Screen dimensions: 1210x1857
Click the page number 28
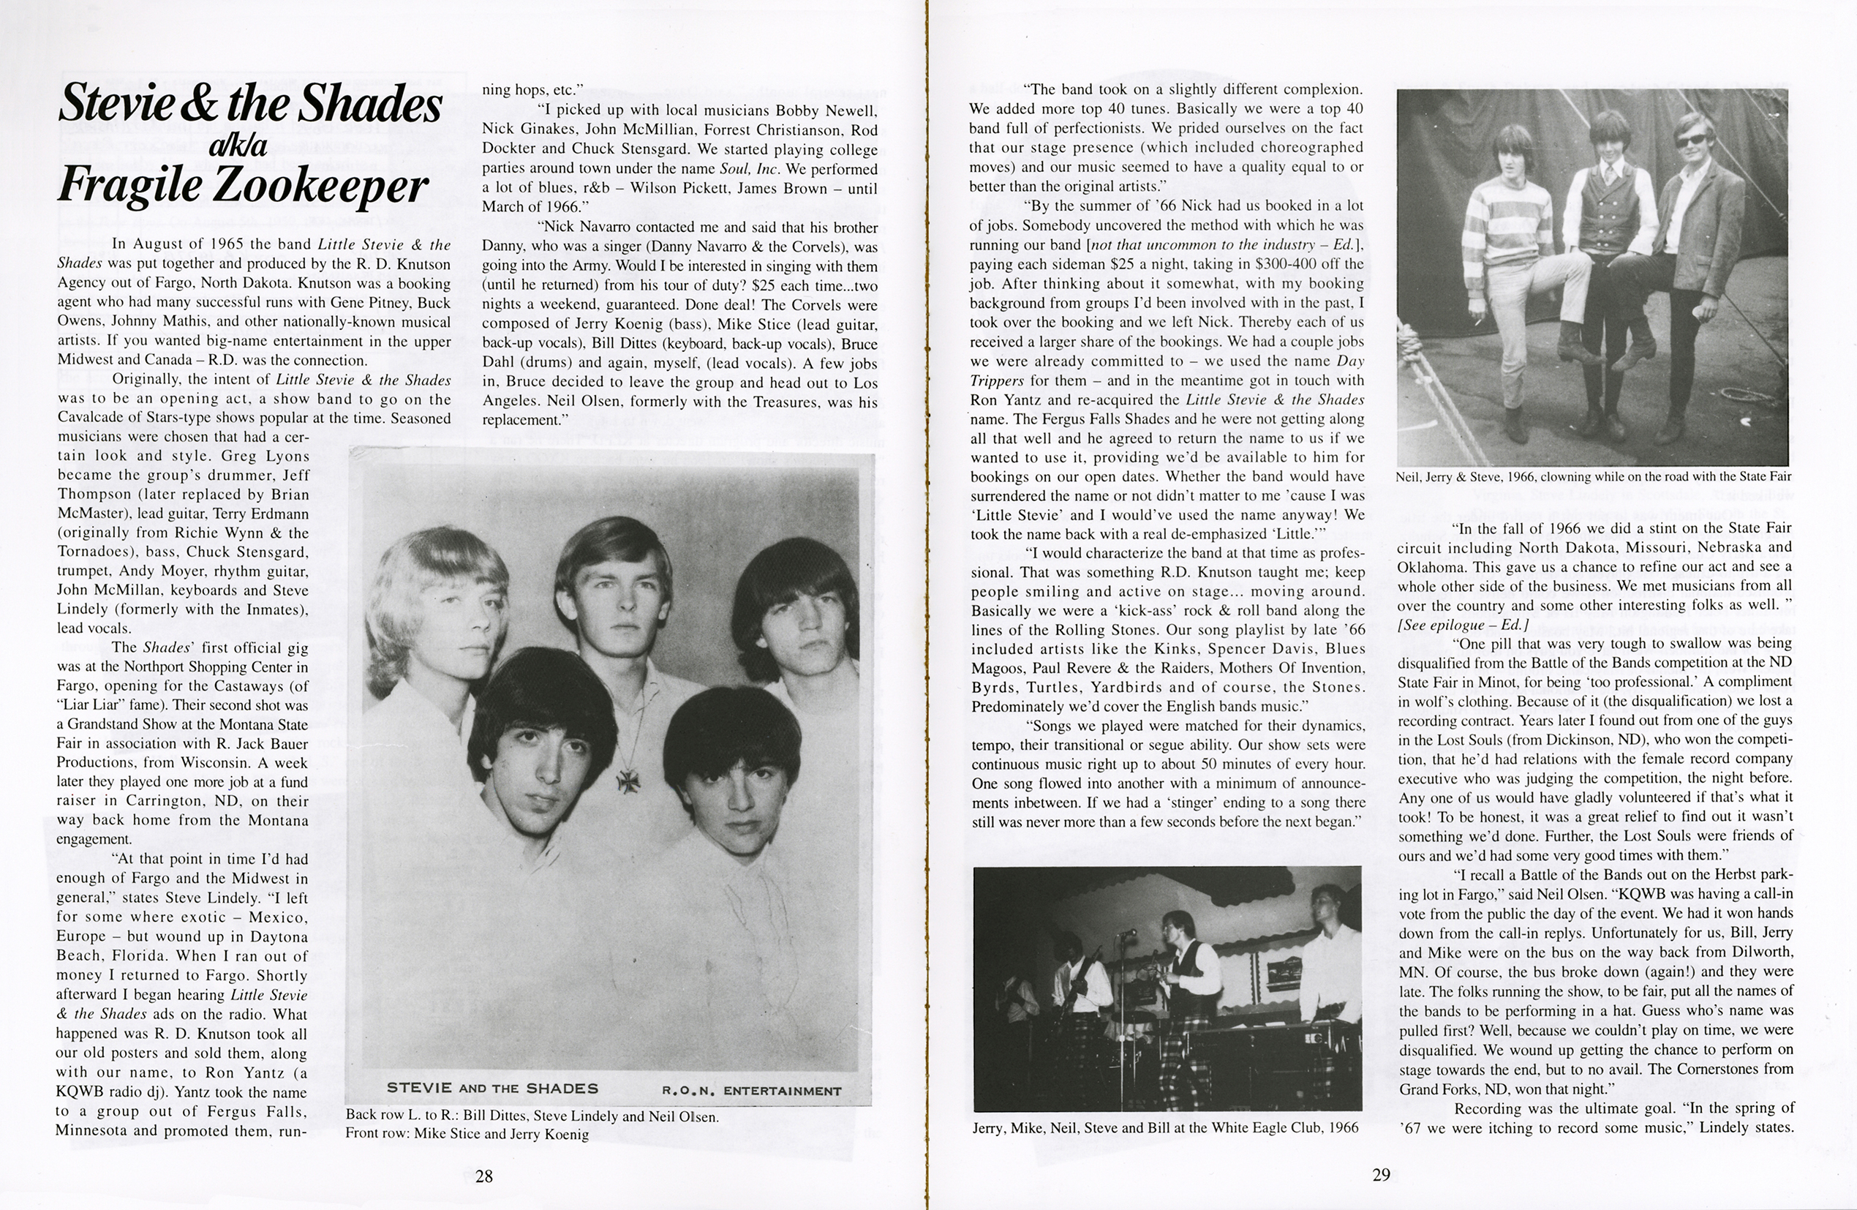[x=483, y=1176]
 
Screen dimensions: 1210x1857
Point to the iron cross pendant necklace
[x=628, y=780]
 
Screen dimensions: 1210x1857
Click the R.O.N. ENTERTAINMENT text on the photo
[x=751, y=1091]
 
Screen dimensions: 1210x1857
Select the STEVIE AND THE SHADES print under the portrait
[x=492, y=1089]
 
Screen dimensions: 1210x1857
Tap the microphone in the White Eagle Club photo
[x=1126, y=932]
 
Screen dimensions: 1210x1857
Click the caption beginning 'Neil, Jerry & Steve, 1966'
[x=1594, y=476]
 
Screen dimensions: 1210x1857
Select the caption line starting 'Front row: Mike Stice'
[x=467, y=1134]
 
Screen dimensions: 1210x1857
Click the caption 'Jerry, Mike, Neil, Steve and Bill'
[x=1165, y=1127]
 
